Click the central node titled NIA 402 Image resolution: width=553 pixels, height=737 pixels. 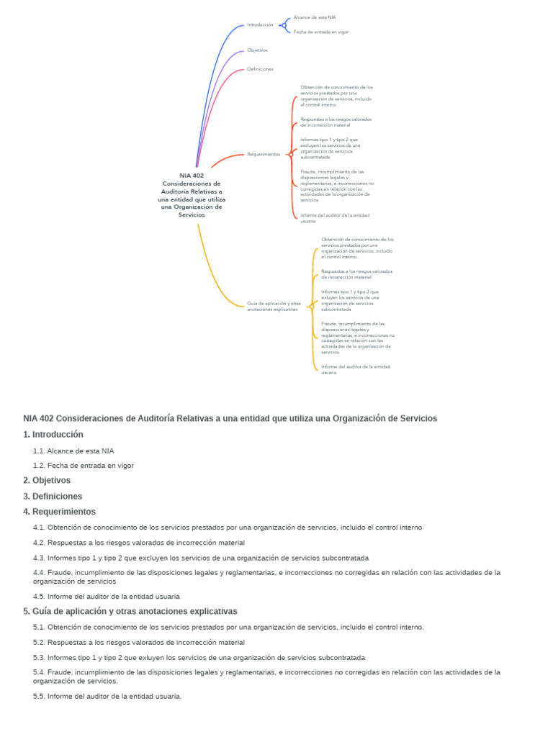192,194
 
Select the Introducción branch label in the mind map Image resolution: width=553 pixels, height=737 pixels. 260,24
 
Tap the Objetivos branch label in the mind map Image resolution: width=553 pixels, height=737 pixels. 257,50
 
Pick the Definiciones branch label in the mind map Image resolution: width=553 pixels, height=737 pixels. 260,69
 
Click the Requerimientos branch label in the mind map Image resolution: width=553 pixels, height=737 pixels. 264,154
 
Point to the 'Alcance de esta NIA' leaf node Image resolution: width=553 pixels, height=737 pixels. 315,17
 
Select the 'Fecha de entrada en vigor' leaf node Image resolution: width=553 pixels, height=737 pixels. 320,32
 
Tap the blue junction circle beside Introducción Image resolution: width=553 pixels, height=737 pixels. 283,25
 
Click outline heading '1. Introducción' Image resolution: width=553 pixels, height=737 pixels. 53,435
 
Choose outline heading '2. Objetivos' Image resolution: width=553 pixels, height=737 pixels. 47,480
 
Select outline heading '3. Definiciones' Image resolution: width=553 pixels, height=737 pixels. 53,497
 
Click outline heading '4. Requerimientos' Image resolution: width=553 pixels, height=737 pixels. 59,512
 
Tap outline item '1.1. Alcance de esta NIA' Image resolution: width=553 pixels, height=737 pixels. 73,451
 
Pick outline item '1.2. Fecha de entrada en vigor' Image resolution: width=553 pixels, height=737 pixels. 84,466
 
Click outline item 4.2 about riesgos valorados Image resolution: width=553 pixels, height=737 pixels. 139,543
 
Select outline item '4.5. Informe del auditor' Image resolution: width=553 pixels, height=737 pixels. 107,597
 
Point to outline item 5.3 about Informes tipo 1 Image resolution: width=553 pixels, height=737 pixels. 199,658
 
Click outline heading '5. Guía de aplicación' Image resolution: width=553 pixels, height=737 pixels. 130,612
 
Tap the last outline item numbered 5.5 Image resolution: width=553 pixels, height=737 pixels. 107,697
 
